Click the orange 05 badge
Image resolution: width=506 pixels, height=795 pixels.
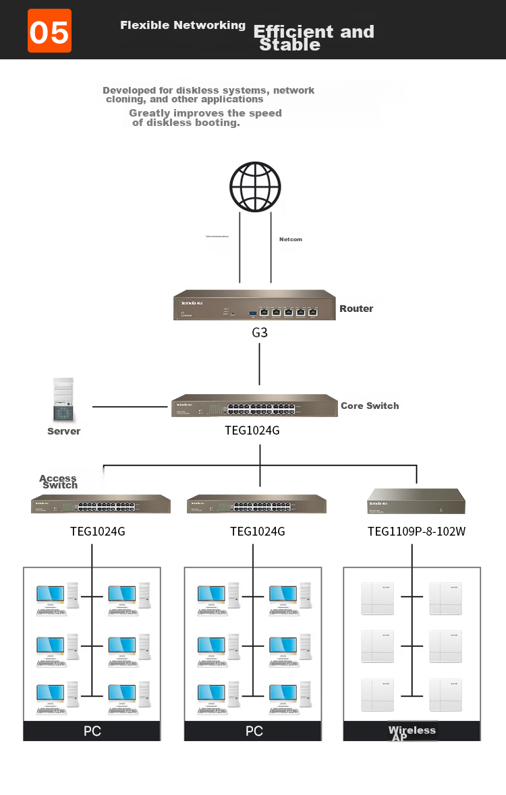[x=49, y=31]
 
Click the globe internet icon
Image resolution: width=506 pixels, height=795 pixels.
[x=255, y=187]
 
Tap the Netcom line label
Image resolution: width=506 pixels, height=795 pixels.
[x=291, y=239]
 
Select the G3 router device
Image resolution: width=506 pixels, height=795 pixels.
[x=254, y=305]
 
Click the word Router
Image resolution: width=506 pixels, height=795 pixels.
[x=356, y=309]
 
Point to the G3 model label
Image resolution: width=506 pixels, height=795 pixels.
[x=260, y=332]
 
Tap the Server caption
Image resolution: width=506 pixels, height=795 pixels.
[x=64, y=431]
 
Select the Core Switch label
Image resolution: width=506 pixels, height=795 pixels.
[x=370, y=406]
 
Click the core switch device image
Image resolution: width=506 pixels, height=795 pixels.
[x=254, y=406]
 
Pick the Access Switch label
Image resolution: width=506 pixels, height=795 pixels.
[x=59, y=482]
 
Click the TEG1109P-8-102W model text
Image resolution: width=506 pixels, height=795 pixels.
[x=416, y=532]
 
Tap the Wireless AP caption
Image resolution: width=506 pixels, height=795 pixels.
[x=412, y=733]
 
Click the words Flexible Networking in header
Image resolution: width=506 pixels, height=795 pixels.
[x=183, y=25]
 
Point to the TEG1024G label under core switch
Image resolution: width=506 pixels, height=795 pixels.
[x=252, y=430]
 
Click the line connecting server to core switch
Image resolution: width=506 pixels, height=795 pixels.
[x=132, y=407]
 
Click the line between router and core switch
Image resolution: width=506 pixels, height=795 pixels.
[x=260, y=367]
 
